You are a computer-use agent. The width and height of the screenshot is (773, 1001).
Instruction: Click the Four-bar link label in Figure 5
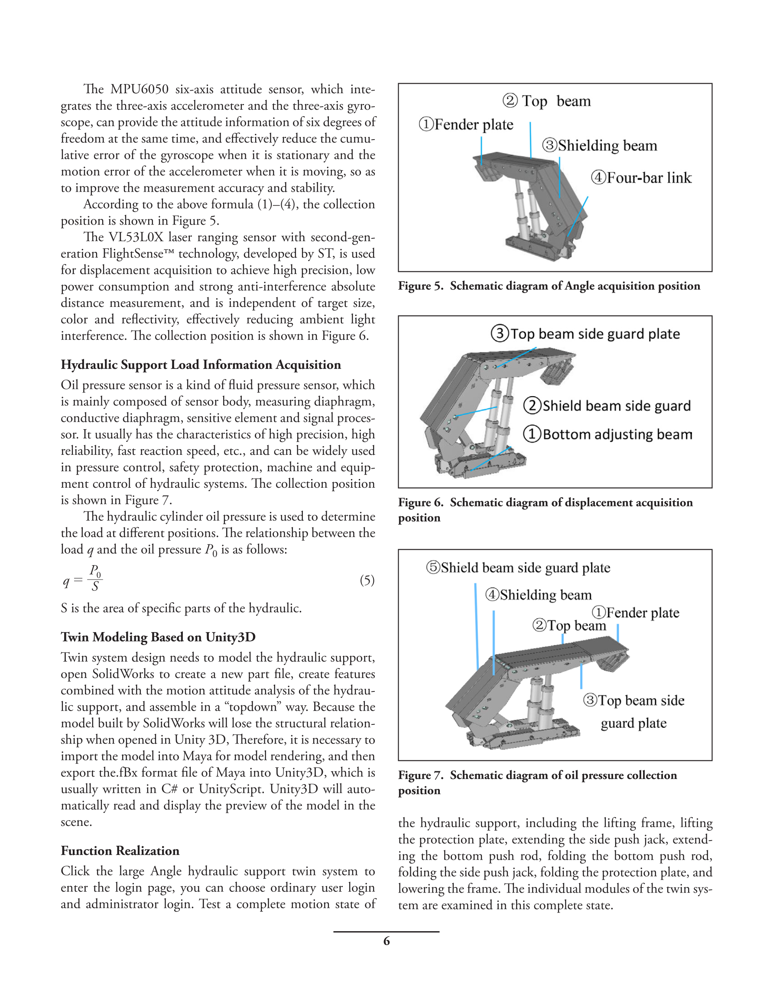click(641, 178)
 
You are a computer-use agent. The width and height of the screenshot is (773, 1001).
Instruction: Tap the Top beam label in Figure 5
click(547, 101)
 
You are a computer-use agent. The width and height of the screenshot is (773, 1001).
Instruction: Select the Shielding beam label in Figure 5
click(599, 146)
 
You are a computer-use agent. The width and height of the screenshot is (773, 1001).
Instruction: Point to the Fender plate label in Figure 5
click(466, 124)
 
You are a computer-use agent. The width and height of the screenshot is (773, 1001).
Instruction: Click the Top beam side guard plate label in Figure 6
click(585, 334)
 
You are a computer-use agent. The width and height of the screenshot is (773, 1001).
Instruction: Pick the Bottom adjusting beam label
click(607, 434)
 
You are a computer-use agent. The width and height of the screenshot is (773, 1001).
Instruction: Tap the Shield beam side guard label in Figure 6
click(607, 406)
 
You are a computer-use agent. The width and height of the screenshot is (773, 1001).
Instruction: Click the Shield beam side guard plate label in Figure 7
click(518, 568)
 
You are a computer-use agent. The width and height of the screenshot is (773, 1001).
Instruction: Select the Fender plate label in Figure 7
click(636, 613)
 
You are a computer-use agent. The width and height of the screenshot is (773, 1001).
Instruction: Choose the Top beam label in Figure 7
click(569, 626)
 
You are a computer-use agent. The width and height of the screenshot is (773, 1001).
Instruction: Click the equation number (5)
click(367, 581)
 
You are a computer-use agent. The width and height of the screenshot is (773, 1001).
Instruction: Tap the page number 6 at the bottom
click(386, 941)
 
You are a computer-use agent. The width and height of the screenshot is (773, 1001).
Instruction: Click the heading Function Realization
click(120, 851)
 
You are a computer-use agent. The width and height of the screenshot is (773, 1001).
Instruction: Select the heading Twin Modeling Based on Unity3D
click(158, 637)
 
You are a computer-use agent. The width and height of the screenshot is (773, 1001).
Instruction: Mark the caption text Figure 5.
click(420, 286)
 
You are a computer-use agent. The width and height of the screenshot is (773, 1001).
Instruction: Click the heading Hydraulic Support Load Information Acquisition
click(201, 365)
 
